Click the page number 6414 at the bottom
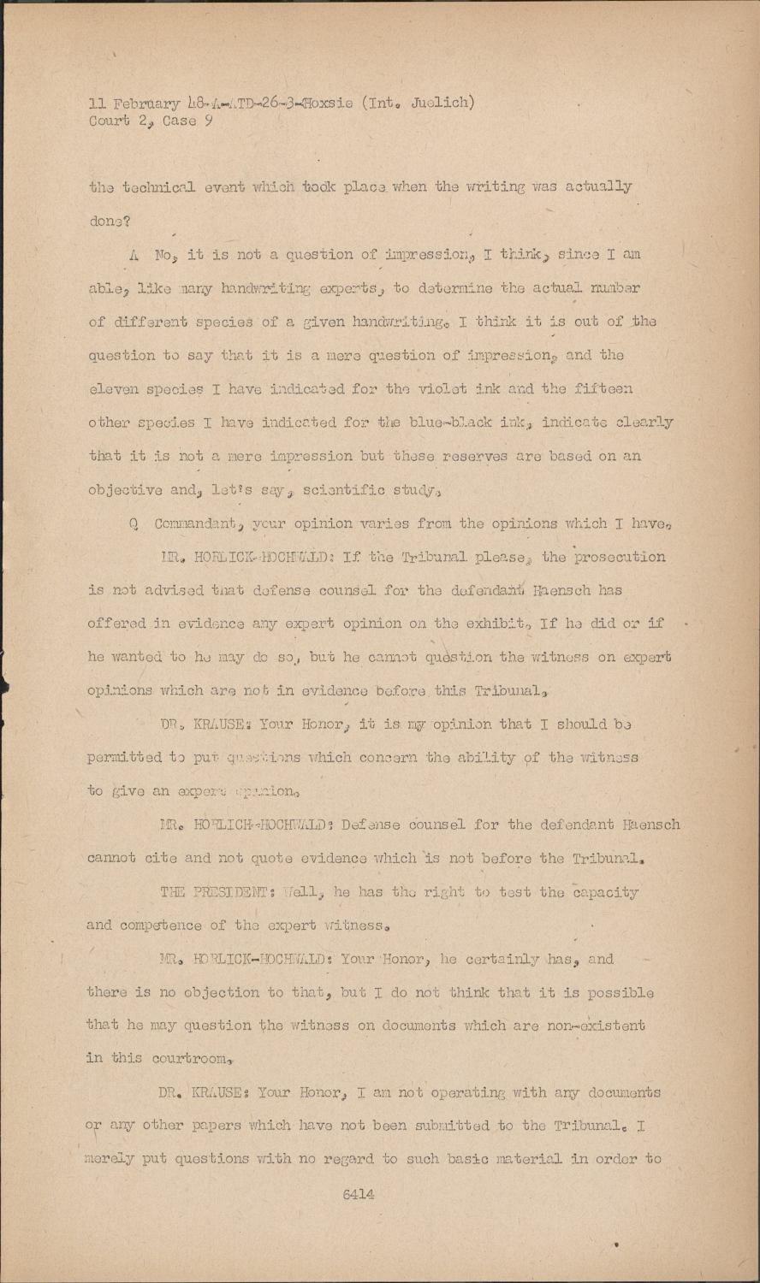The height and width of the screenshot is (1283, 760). (x=359, y=1194)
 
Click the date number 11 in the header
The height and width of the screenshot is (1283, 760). (x=96, y=104)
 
